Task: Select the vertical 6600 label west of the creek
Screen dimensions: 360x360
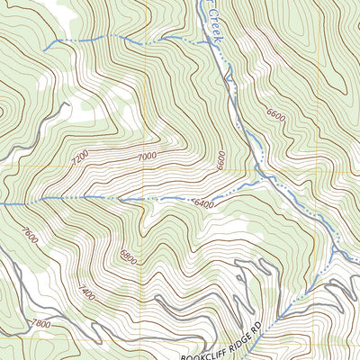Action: [219, 160]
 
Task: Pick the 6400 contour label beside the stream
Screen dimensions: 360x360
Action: [204, 205]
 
